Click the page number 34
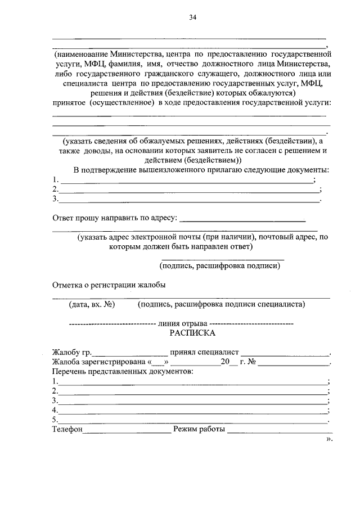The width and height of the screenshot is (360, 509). point(192,18)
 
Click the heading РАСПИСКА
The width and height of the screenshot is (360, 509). point(192,333)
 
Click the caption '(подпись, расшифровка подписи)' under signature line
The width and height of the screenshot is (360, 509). point(219,265)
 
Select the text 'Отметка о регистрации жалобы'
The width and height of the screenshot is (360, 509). point(109,285)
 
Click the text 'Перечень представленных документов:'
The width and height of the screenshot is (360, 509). point(123,372)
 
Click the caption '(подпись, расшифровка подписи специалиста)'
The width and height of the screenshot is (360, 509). point(222,304)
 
